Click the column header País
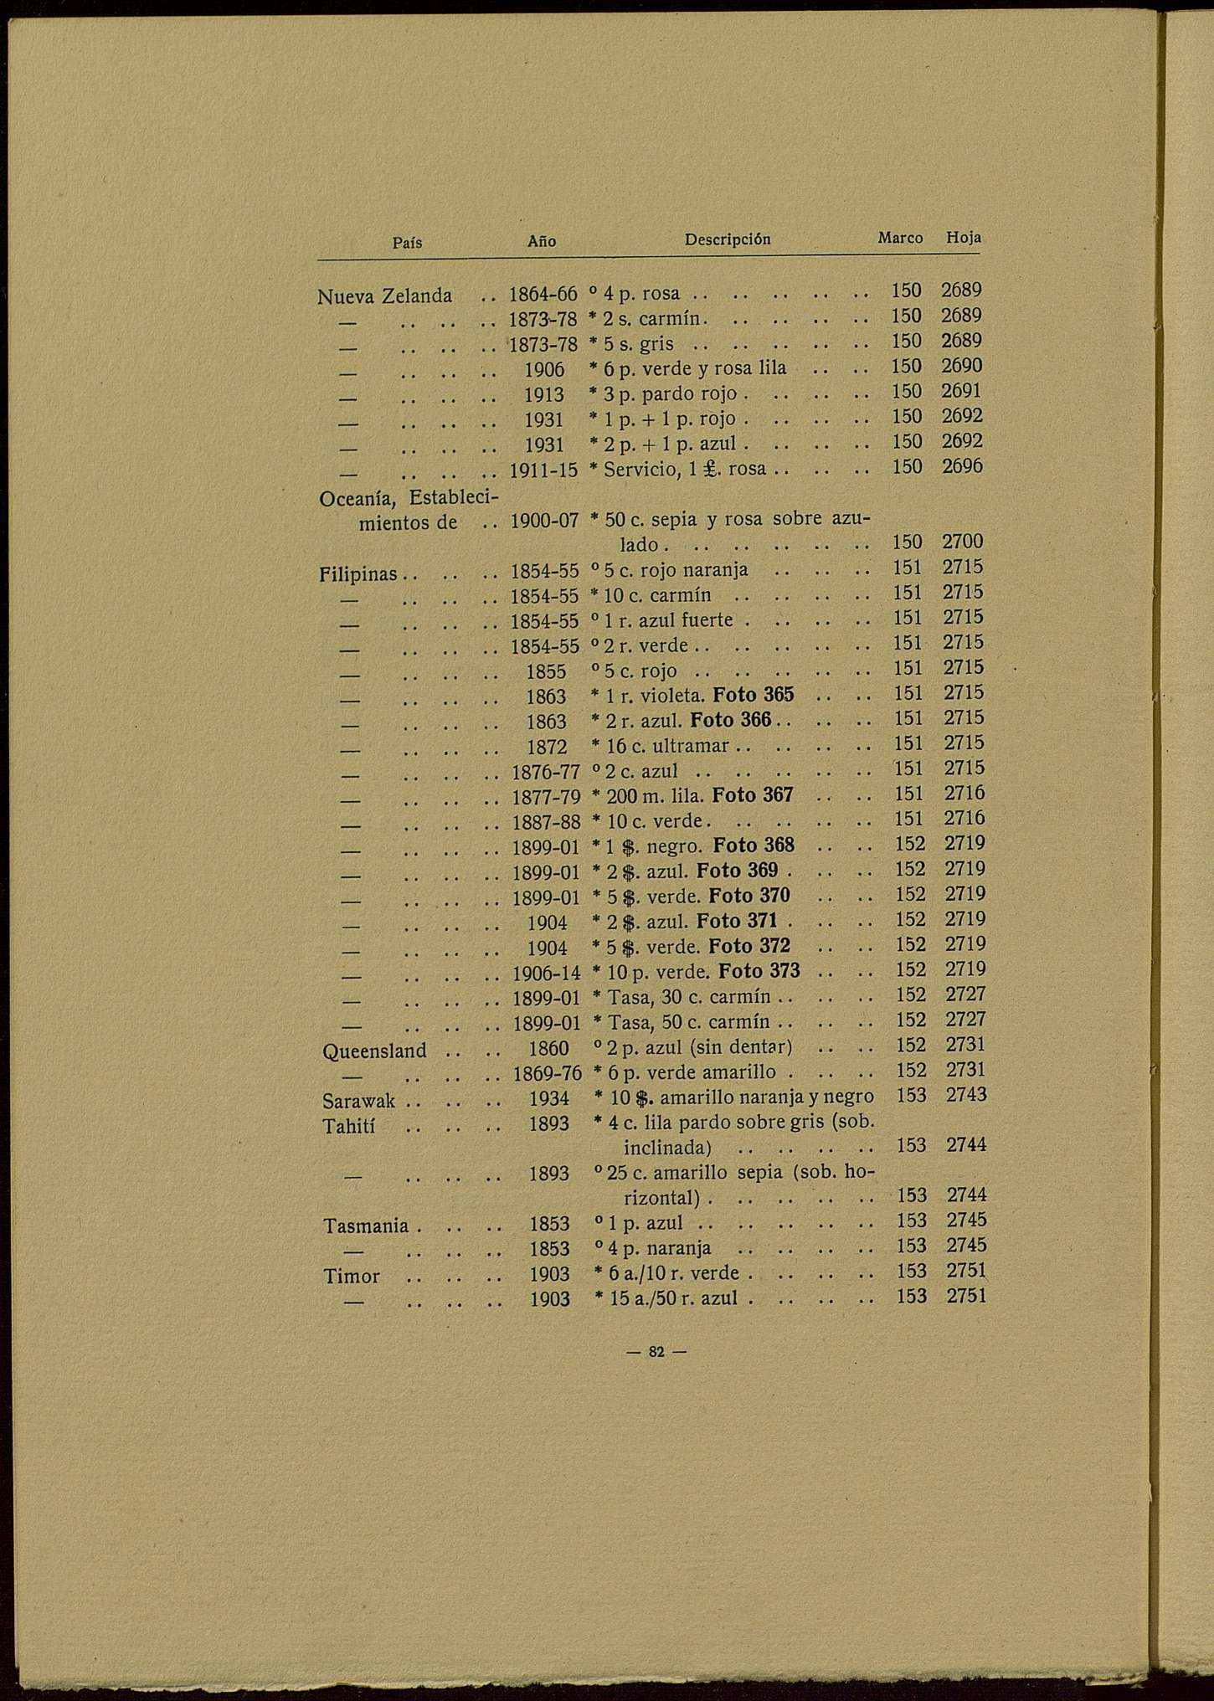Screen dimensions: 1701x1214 point(407,243)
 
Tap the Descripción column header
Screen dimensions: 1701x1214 point(727,239)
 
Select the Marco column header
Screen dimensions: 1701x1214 point(900,238)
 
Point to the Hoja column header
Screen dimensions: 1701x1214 point(963,238)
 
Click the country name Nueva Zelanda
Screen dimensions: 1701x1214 point(384,295)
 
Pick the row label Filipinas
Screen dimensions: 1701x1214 point(358,575)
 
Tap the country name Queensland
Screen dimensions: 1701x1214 point(374,1051)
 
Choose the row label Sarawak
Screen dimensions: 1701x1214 point(359,1100)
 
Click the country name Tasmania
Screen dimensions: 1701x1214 point(366,1226)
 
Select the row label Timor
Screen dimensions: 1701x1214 point(352,1277)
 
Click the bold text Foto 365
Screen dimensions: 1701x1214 point(754,695)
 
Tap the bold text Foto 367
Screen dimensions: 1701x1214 point(753,795)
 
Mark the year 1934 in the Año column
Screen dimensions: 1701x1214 point(548,1098)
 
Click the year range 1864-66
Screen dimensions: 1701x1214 point(543,294)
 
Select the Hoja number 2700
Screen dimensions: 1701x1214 point(963,542)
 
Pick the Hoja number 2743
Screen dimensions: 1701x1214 point(966,1095)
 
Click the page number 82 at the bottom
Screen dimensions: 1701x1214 point(656,1351)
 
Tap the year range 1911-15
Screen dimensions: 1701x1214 point(544,470)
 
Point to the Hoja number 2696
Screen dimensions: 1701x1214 point(962,466)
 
